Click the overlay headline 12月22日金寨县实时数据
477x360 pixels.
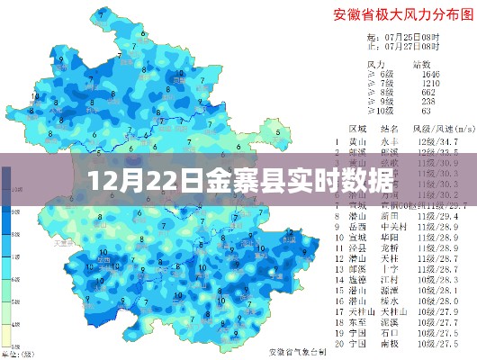pos(238,179)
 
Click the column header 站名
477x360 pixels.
pos(390,130)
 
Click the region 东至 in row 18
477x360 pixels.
pos(357,319)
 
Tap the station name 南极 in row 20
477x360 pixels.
pos(390,343)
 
